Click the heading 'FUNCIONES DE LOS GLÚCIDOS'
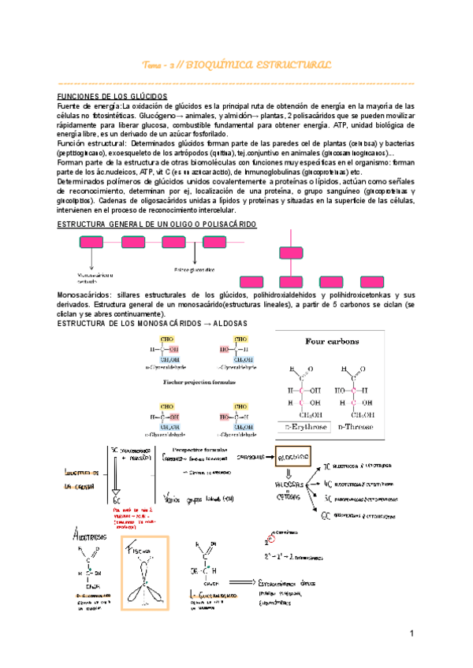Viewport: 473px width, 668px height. click(104, 95)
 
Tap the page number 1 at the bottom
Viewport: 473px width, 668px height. click(412, 634)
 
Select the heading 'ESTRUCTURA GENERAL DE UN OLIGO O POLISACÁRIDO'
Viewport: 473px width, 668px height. click(158, 225)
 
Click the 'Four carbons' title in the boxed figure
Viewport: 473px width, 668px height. click(337, 341)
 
